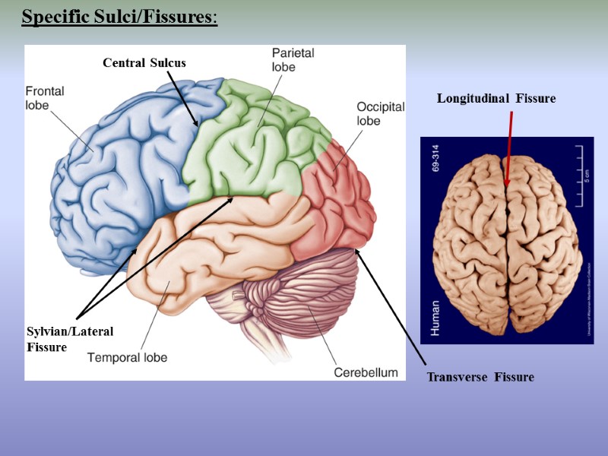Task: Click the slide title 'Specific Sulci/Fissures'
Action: click(119, 17)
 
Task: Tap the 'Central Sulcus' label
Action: click(144, 63)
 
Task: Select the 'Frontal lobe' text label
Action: click(45, 97)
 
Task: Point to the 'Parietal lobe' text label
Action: click(293, 59)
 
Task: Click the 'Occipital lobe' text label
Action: click(380, 113)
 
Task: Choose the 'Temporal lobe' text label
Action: click(127, 356)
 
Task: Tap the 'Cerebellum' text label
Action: click(366, 372)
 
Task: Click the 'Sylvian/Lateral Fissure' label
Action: click(69, 339)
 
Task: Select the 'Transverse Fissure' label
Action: click(480, 378)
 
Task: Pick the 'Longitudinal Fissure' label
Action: click(496, 99)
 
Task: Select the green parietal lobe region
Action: click(243, 144)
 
